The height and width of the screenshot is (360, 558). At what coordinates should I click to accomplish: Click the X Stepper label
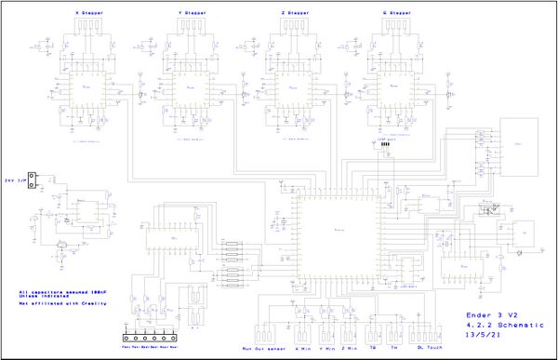[x=89, y=14]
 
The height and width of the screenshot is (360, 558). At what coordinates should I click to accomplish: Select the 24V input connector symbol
[x=33, y=180]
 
